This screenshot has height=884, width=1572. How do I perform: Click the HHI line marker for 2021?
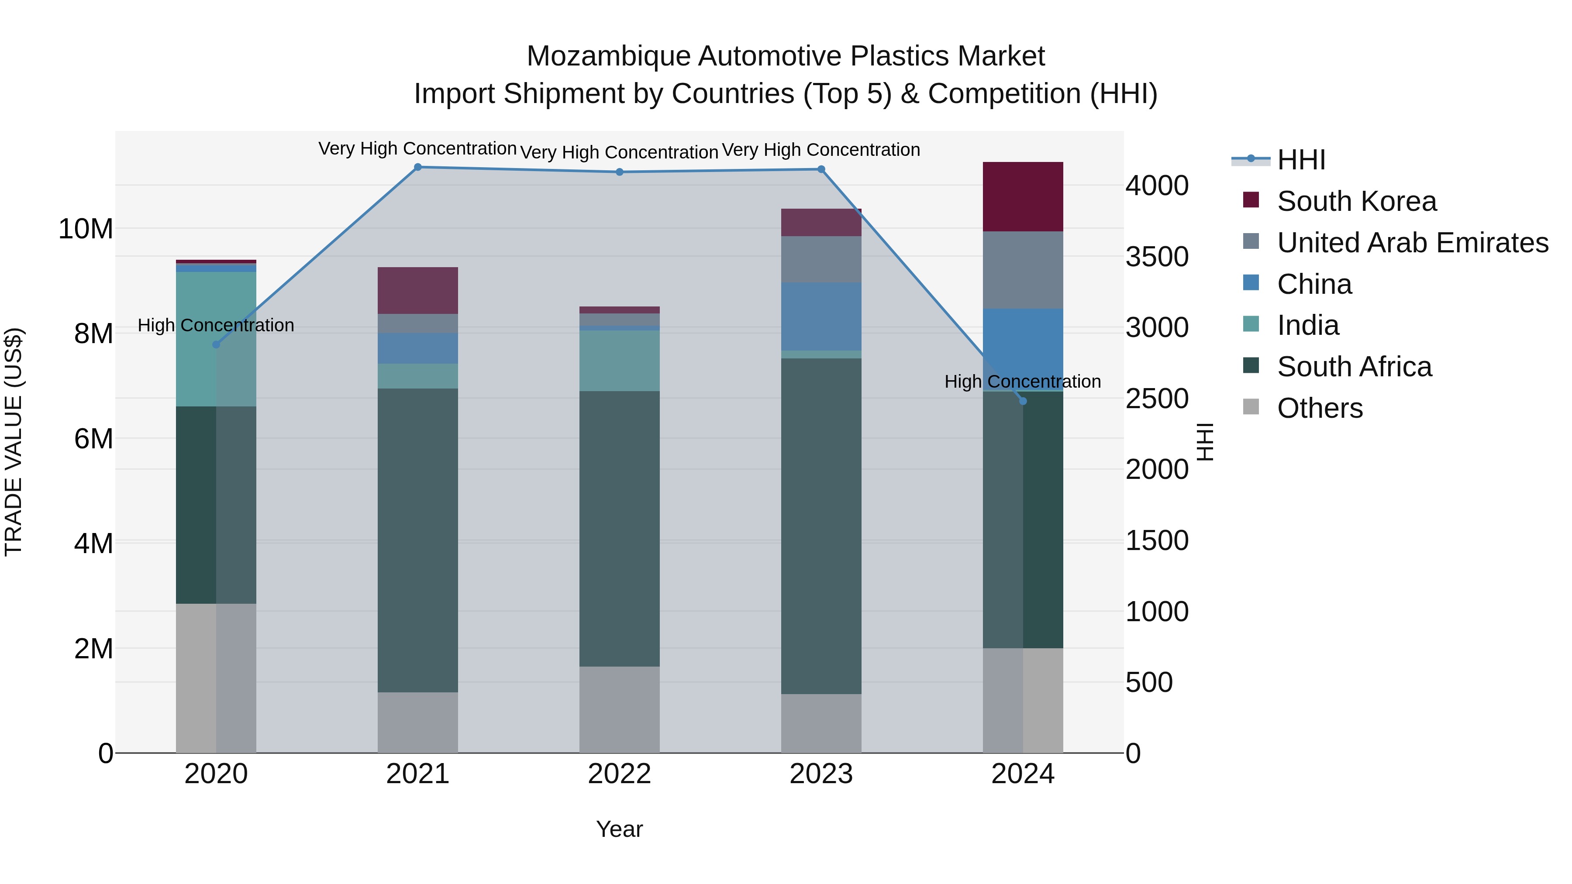418,167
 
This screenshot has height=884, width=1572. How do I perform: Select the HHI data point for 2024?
1024,401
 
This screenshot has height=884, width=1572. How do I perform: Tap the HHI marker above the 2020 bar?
216,345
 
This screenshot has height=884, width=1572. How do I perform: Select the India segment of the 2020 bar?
216,339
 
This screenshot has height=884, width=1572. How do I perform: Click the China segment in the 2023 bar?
821,316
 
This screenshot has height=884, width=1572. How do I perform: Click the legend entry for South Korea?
1356,201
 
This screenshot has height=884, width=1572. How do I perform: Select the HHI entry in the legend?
1300,160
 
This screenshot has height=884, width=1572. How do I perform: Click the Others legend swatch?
1251,407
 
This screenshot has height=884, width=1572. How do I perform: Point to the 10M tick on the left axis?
86,229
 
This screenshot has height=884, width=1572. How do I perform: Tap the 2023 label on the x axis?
821,774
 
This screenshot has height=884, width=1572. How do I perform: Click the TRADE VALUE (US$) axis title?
14,442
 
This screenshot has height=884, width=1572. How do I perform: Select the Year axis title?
619,829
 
